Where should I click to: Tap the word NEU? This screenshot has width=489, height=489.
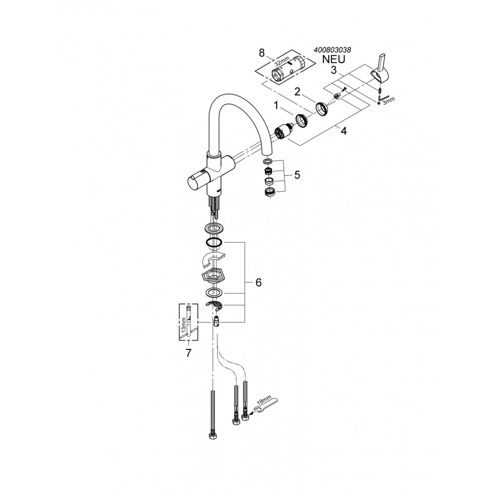pyautogui.click(x=333, y=59)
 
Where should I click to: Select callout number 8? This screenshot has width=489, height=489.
pyautogui.click(x=262, y=53)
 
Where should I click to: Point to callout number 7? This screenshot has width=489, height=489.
pyautogui.click(x=188, y=353)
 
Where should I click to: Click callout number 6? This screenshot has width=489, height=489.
pyautogui.click(x=258, y=282)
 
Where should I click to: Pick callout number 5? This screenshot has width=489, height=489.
pyautogui.click(x=297, y=175)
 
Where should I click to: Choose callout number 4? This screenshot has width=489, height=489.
pyautogui.click(x=343, y=131)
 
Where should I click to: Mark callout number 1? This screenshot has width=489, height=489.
pyautogui.click(x=276, y=106)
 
